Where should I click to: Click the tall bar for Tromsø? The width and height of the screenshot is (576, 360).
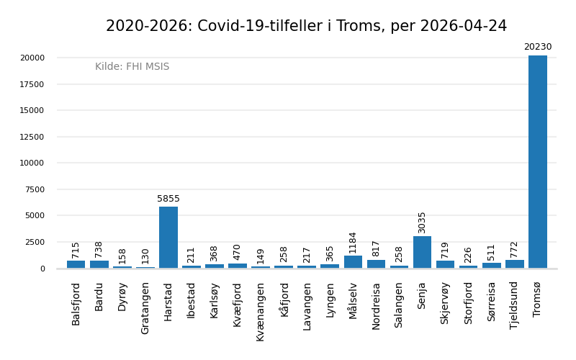pos(537,162)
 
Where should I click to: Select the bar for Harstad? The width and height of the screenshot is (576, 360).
pos(168,238)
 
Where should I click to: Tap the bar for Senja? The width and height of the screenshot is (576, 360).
pos(422,252)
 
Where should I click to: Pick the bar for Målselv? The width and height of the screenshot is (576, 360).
pos(353,262)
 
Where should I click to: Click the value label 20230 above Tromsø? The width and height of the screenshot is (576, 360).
pos(537,48)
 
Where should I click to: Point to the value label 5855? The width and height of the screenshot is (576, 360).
pos(168,199)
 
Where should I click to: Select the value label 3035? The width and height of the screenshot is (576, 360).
pos(422,222)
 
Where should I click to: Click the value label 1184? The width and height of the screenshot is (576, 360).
pos(353,242)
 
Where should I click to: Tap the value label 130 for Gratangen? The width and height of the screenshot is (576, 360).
pos(145,256)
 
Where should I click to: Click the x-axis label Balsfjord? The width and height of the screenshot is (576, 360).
pos(76,303)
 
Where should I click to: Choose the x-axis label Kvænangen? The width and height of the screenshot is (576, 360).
pos(261,311)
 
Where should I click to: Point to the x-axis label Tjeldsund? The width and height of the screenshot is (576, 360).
pos(514,305)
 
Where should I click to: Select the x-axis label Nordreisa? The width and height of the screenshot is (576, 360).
pos(376,305)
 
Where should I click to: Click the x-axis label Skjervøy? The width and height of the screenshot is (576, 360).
pos(445,302)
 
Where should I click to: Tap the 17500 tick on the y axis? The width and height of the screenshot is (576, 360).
pos(31,84)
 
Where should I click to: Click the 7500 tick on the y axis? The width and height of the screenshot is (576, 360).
pos(33,189)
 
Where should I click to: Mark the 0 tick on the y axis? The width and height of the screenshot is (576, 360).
pos(42,269)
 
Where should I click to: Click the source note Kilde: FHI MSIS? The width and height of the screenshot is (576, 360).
pos(132,67)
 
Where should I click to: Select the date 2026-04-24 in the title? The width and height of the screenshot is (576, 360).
pos(463,27)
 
